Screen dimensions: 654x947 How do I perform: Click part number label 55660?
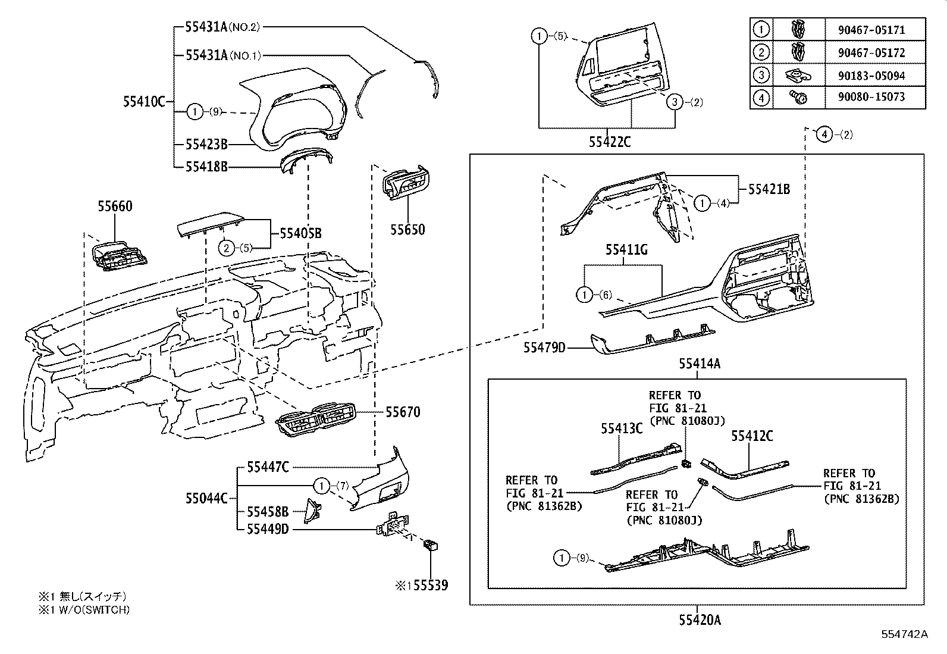[x=115, y=206]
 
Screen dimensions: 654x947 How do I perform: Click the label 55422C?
[x=610, y=142]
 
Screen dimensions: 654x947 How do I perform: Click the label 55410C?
[x=143, y=101]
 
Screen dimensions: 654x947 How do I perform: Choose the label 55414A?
[x=700, y=363]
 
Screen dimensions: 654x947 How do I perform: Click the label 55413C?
[x=622, y=428]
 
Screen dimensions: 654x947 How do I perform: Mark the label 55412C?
[x=752, y=436]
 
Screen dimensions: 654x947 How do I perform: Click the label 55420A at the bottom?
[x=700, y=620]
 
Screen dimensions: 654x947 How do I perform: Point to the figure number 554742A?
[x=904, y=634]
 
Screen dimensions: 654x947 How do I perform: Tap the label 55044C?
[x=206, y=498]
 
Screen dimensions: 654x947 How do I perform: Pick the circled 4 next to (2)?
[x=824, y=134]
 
